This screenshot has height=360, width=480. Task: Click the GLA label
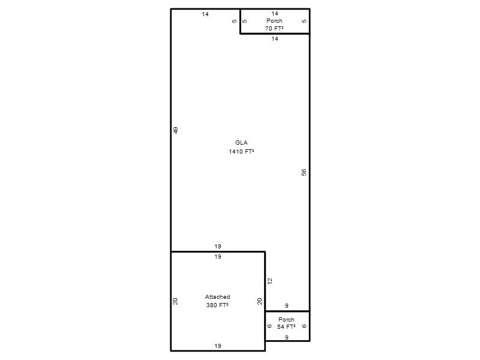coord(241,143)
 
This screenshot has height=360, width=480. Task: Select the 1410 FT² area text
coord(241,152)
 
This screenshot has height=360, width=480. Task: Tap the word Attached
coord(217,297)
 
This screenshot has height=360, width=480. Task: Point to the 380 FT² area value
coord(217,305)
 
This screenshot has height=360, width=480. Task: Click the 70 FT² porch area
coord(274,28)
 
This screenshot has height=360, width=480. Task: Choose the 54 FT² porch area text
coord(286,327)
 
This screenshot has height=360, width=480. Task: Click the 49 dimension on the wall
coord(176,130)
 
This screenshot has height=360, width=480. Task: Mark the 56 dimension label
coord(304,172)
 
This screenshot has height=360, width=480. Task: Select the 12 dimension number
coord(269,281)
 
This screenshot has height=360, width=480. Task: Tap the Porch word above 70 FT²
coord(274,21)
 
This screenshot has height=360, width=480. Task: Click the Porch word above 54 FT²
coord(286,319)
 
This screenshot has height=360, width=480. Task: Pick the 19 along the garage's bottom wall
coord(218,346)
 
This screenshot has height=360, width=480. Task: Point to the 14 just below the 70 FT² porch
coord(275,39)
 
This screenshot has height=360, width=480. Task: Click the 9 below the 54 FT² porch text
coord(287,337)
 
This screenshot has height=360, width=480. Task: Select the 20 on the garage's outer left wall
coord(175,302)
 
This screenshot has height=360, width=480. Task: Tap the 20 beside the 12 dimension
coord(260,302)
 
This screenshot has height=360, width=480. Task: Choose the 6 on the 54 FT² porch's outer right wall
coord(304,326)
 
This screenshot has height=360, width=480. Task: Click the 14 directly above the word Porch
coord(275,13)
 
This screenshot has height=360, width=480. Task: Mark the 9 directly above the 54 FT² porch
coord(287,305)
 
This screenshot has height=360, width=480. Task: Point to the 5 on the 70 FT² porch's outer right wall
coord(304,21)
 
